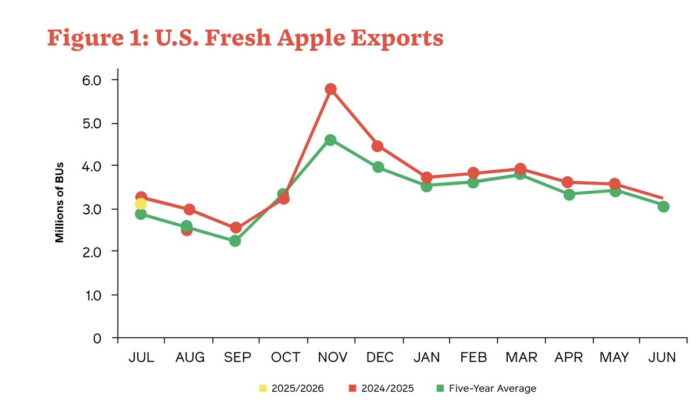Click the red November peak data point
pyautogui.click(x=330, y=89)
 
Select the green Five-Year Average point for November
pyautogui.click(x=330, y=140)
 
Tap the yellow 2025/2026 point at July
pyautogui.click(x=140, y=203)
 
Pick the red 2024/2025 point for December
pyautogui.click(x=378, y=146)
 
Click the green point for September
pyautogui.click(x=235, y=241)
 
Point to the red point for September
pyautogui.click(x=236, y=227)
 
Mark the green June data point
pyautogui.click(x=663, y=206)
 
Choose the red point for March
pyautogui.click(x=520, y=169)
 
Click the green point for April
pyautogui.click(x=569, y=194)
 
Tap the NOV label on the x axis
pyautogui.click(x=330, y=358)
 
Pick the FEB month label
pyautogui.click(x=473, y=358)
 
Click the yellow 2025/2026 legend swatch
pyautogui.click(x=262, y=388)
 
